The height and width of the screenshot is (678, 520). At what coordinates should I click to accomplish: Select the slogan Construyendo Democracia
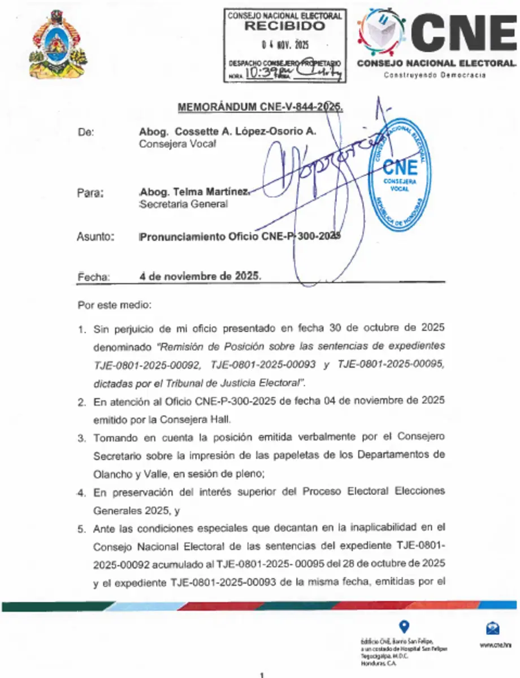(x=435, y=76)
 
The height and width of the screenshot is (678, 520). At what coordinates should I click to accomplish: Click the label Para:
(x=90, y=193)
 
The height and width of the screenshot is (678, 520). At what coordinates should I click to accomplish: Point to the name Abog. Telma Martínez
(x=193, y=192)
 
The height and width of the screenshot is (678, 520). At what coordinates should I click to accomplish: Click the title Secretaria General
(x=183, y=205)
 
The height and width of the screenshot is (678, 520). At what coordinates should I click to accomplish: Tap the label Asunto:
(x=95, y=237)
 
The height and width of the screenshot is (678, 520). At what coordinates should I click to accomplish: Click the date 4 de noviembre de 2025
(x=200, y=276)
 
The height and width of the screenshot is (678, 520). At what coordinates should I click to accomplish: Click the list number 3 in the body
(x=81, y=438)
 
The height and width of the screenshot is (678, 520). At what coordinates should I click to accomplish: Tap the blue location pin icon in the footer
(x=404, y=626)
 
